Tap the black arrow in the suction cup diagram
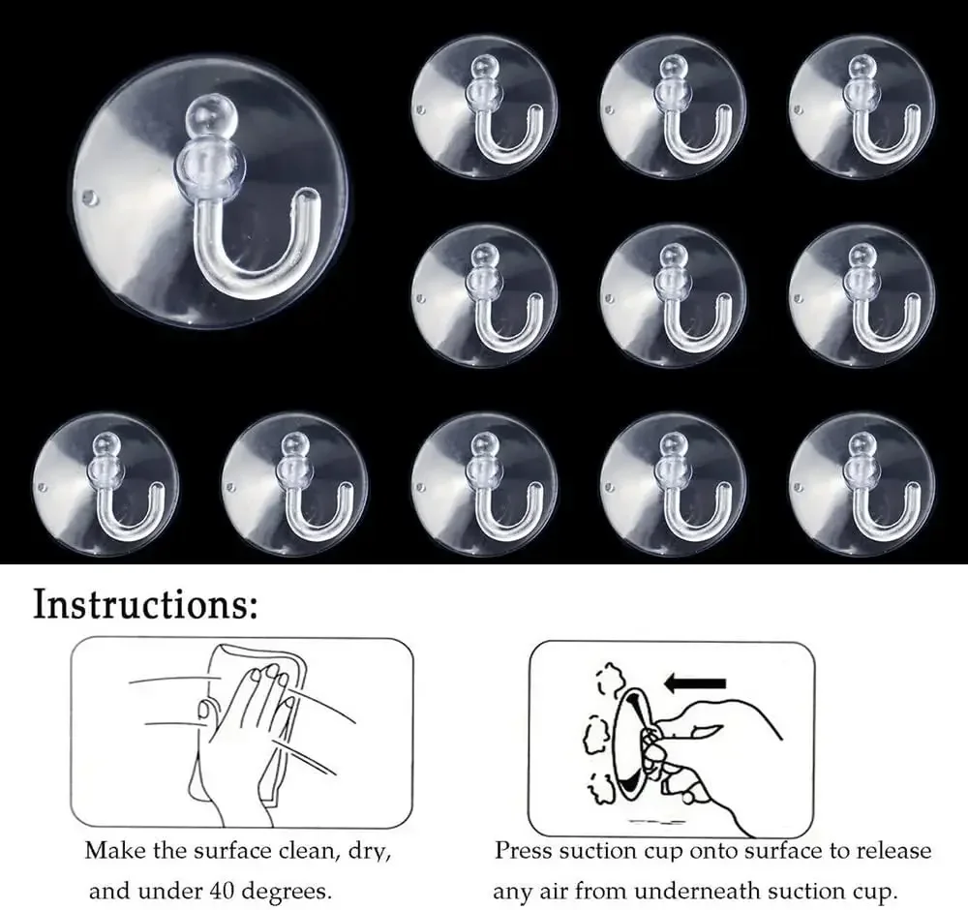694,683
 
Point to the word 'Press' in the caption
524,851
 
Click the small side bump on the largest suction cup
89,197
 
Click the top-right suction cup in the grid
862,106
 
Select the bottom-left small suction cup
106,485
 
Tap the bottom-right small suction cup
862,485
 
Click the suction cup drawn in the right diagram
631,743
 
